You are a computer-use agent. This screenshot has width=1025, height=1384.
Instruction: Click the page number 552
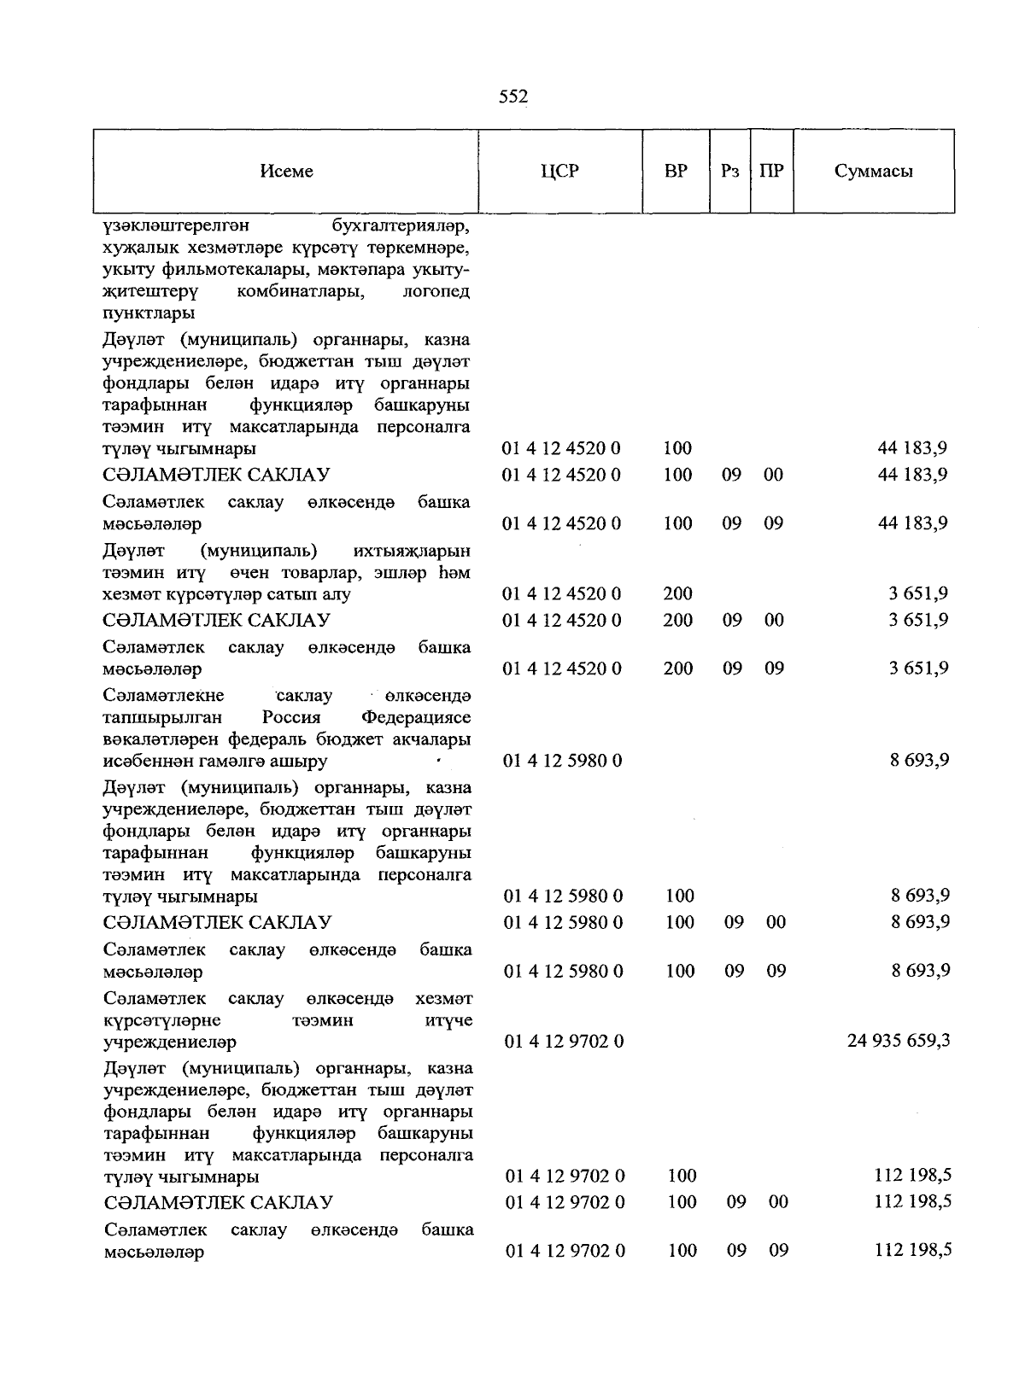pyautogui.click(x=513, y=97)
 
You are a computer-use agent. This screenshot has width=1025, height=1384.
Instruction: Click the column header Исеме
pyautogui.click(x=286, y=171)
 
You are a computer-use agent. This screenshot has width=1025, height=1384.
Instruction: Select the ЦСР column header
pyautogui.click(x=559, y=171)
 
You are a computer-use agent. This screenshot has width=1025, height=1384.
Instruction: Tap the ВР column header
pyautogui.click(x=675, y=171)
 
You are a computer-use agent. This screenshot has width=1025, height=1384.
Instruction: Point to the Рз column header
pyautogui.click(x=729, y=171)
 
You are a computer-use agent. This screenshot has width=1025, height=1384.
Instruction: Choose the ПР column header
pyautogui.click(x=771, y=171)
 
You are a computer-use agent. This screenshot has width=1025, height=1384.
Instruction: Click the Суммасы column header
pyautogui.click(x=873, y=171)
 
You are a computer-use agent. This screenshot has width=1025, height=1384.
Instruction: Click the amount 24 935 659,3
pyautogui.click(x=899, y=1041)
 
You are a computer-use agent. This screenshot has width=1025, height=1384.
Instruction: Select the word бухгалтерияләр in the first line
pyautogui.click(x=401, y=226)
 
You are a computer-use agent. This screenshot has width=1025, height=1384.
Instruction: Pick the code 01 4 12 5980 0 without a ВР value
pyautogui.click(x=562, y=760)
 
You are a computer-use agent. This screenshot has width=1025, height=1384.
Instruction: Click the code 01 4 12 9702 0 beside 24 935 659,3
pyautogui.click(x=564, y=1041)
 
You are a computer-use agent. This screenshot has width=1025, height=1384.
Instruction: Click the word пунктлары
pyautogui.click(x=147, y=313)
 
